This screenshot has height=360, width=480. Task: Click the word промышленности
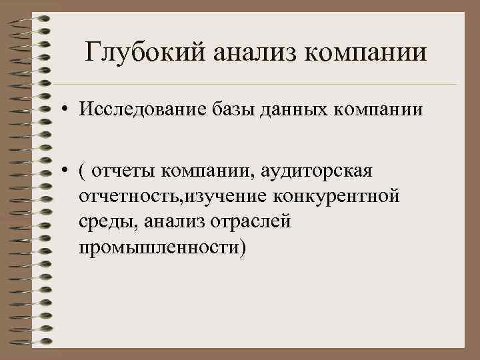click(157, 247)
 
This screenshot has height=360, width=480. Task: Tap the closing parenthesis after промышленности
click(242, 248)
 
